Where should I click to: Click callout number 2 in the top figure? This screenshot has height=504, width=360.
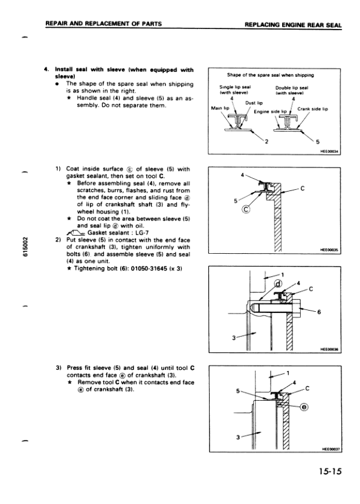(x=266, y=141)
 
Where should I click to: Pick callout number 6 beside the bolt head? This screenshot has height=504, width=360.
(x=318, y=312)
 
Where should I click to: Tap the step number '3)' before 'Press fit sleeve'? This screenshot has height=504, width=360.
(x=59, y=367)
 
